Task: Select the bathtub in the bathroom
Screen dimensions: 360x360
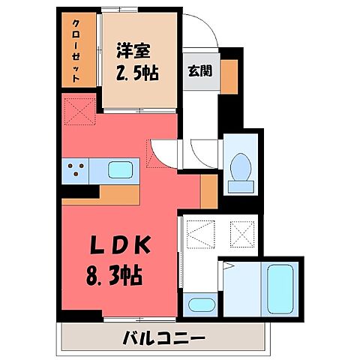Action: click(281, 289)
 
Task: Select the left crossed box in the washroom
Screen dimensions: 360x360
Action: click(196, 232)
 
